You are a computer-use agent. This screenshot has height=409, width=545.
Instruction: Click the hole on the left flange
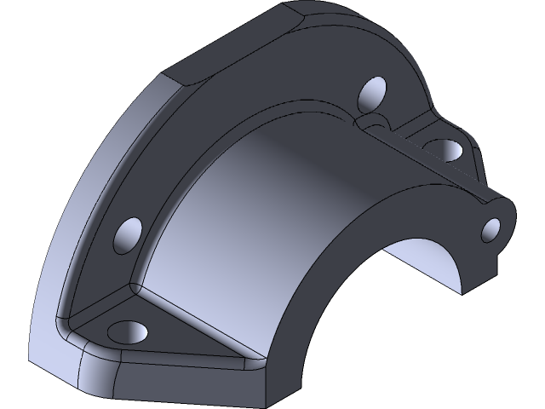[x=129, y=233]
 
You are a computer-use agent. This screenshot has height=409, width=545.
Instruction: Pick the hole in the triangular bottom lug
[x=129, y=330]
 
